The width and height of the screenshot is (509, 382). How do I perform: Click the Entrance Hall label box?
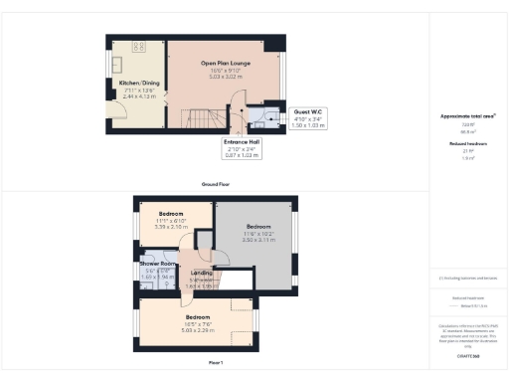[x=242, y=143]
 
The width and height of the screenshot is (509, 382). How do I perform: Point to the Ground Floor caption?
[x=217, y=184]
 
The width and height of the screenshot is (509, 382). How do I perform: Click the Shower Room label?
[x=158, y=264]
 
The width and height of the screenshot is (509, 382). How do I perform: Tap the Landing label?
[x=200, y=273]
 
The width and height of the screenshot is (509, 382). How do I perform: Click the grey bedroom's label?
[x=257, y=226]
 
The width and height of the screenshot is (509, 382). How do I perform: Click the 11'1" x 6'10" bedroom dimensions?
[x=172, y=221]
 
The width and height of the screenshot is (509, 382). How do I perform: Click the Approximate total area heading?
[x=469, y=116]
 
